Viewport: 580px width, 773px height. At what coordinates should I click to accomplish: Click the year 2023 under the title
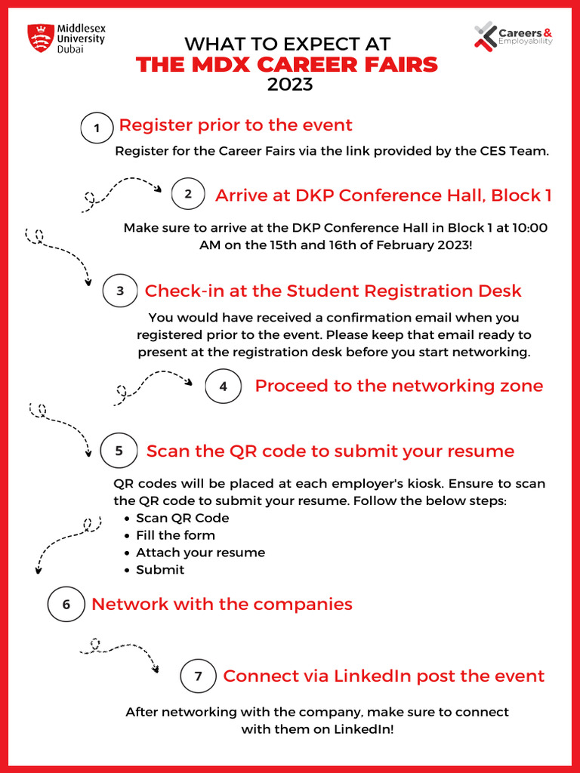[x=290, y=85]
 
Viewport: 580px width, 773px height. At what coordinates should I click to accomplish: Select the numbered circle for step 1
[x=96, y=128]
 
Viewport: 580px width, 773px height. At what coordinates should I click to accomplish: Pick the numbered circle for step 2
[x=188, y=194]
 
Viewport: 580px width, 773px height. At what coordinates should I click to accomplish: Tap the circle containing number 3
[x=120, y=291]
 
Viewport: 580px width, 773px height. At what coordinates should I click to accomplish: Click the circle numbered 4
[x=223, y=386]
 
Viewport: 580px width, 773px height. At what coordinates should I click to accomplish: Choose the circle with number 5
[x=119, y=451]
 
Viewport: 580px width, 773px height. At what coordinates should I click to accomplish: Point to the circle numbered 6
[x=66, y=605]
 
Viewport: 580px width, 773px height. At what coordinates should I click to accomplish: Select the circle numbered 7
[x=198, y=676]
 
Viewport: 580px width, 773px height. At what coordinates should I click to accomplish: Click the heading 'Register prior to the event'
[x=236, y=125]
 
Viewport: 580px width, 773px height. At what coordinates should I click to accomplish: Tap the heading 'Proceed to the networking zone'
[x=399, y=386]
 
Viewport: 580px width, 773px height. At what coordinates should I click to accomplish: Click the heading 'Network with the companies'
[x=222, y=604]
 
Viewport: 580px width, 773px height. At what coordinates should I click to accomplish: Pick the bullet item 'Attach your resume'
[x=200, y=553]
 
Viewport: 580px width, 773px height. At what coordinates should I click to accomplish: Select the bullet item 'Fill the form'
[x=175, y=535]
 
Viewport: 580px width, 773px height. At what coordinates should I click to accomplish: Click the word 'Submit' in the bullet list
[x=160, y=570]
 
